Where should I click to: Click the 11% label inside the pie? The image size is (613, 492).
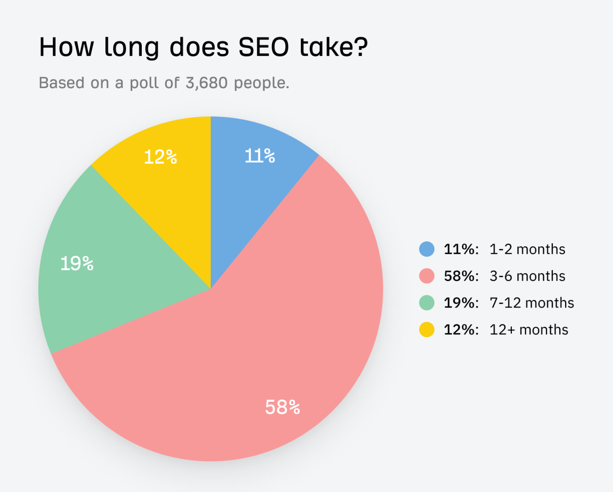pyautogui.click(x=260, y=156)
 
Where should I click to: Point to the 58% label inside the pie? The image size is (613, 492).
pyautogui.click(x=283, y=407)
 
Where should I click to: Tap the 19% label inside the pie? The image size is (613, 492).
pyautogui.click(x=77, y=263)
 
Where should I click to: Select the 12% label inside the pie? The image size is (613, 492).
pyautogui.click(x=160, y=157)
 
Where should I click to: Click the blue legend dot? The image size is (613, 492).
pyautogui.click(x=427, y=249)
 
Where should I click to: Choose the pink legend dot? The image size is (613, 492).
pyautogui.click(x=427, y=276)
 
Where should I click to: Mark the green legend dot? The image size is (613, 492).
pyautogui.click(x=427, y=303)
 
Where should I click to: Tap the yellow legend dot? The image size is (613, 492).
pyautogui.click(x=427, y=330)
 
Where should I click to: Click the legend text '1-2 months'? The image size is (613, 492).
pyautogui.click(x=527, y=249)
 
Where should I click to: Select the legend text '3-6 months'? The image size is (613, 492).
pyautogui.click(x=527, y=276)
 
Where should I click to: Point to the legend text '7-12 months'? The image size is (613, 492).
pyautogui.click(x=532, y=303)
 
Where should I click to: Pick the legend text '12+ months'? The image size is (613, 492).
pyautogui.click(x=529, y=330)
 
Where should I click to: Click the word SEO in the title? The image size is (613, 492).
pyautogui.click(x=264, y=47)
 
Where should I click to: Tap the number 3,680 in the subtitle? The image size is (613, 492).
pyautogui.click(x=206, y=83)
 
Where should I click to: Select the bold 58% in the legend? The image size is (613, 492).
pyautogui.click(x=461, y=276)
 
